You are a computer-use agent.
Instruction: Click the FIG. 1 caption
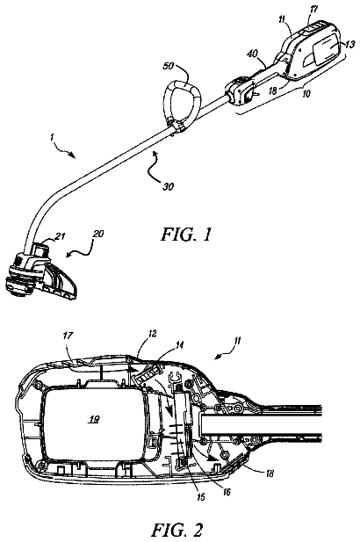[185, 235]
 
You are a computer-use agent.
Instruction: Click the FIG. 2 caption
[177, 530]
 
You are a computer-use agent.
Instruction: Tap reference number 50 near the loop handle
[168, 65]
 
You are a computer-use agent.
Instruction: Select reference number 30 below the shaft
[168, 186]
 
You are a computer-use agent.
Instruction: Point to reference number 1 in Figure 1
[52, 137]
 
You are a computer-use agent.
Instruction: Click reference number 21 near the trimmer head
[60, 236]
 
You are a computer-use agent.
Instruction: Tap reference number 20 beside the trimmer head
[98, 234]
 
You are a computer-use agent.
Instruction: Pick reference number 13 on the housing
[349, 44]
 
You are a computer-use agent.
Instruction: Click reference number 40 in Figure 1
[253, 54]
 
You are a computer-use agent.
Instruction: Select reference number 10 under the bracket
[306, 94]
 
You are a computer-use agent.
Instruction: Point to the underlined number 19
[94, 420]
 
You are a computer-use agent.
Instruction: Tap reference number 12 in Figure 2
[152, 334]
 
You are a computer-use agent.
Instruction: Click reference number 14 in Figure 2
[180, 344]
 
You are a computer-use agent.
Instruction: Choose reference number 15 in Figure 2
[200, 497]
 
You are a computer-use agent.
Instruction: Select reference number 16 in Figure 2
[227, 492]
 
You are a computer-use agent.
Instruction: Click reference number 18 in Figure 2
[270, 473]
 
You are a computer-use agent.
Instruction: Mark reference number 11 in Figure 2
[236, 341]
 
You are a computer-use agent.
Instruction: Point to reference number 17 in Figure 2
[68, 336]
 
